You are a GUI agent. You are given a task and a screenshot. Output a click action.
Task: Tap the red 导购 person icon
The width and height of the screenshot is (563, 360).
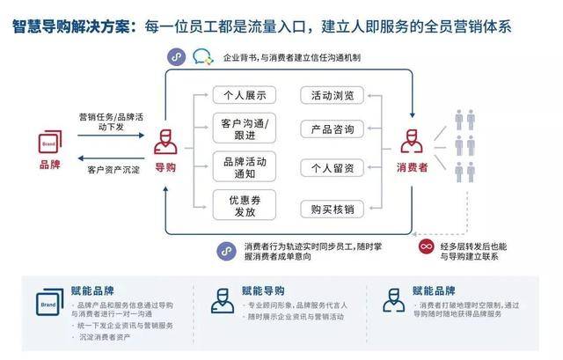pyautogui.click(x=165, y=141)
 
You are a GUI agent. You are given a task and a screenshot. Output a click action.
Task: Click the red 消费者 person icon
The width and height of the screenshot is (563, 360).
pyautogui.click(x=413, y=141)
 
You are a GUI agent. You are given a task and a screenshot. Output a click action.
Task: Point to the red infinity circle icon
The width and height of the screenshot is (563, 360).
pyautogui.click(x=426, y=247)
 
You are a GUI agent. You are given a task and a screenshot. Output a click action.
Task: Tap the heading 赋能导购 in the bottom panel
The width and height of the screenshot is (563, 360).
pyautogui.click(x=264, y=290)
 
